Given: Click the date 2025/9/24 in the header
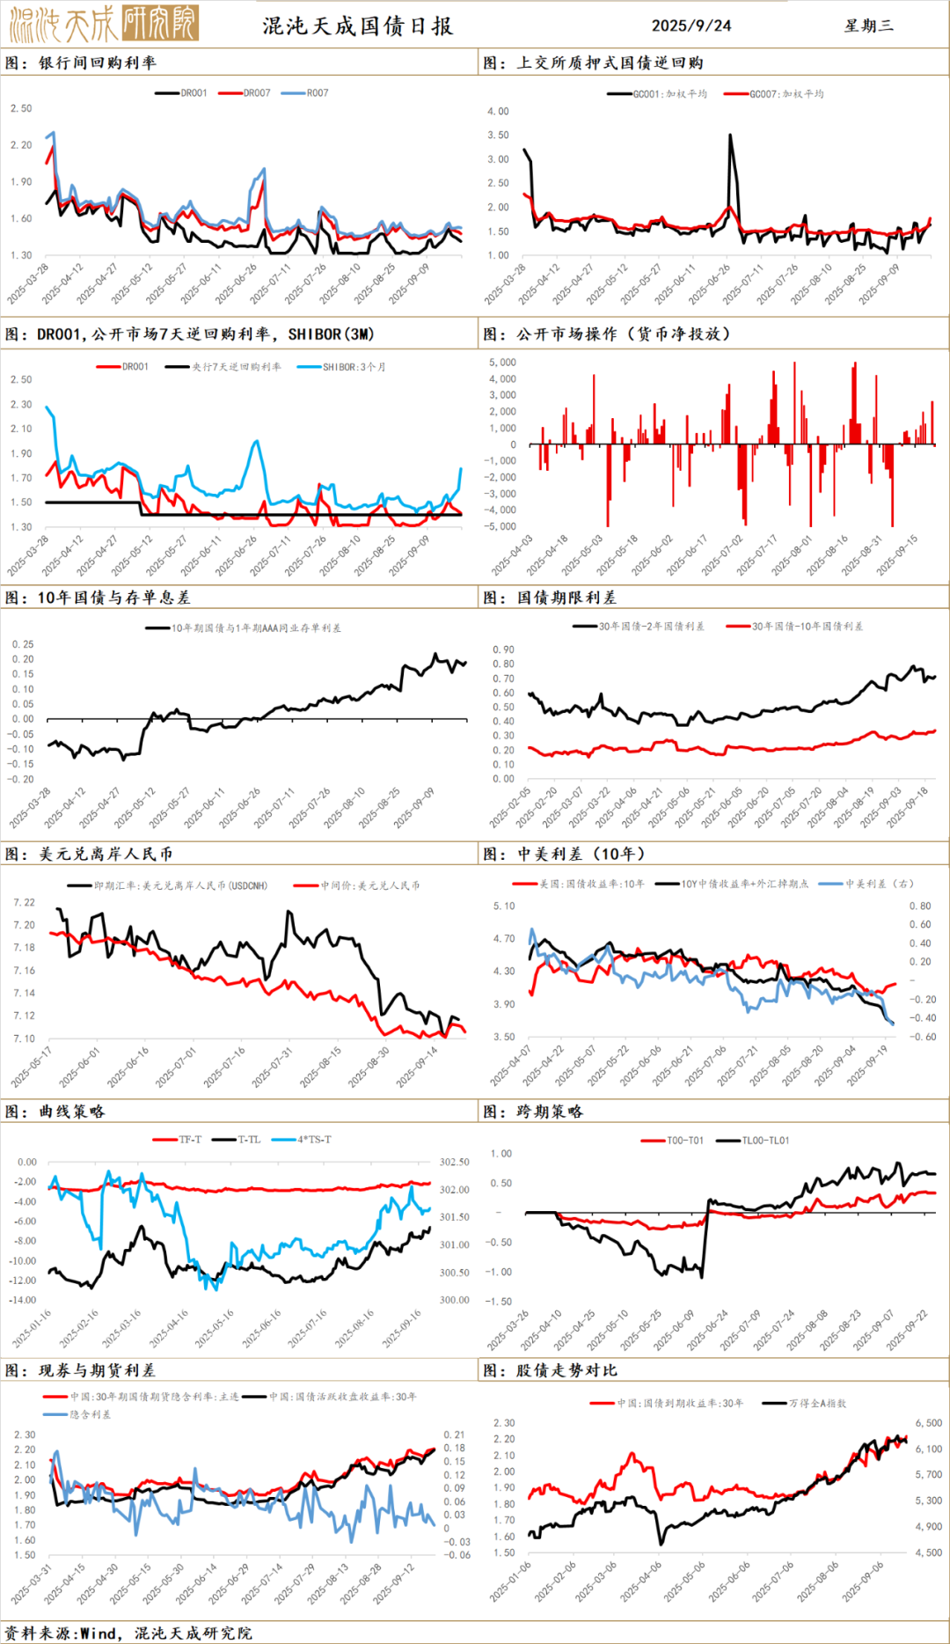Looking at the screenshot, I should [691, 26].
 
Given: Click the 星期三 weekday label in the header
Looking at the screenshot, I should [868, 26].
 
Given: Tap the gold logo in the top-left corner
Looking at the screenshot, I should [104, 24].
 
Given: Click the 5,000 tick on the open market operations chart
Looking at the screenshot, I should [502, 363].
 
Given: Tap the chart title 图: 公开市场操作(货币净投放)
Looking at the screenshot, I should [606, 334].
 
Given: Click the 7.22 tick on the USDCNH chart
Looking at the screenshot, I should [25, 902].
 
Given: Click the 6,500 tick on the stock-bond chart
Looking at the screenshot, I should [928, 1423].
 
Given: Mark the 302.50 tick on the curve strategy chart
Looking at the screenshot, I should [454, 1163].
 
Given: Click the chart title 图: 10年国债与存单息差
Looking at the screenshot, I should [98, 598].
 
